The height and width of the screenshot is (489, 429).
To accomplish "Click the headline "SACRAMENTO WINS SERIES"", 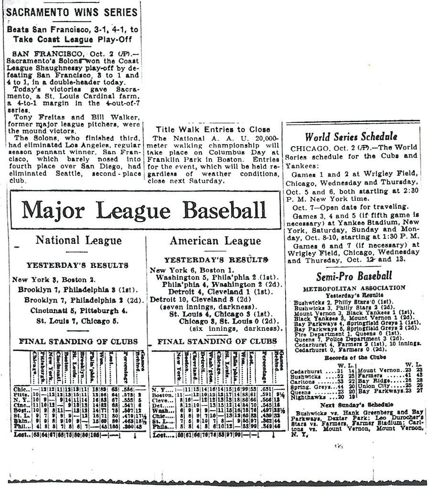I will click(x=71, y=12).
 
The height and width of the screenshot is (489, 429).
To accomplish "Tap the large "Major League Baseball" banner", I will click(x=144, y=210).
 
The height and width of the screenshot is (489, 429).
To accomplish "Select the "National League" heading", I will click(x=72, y=240).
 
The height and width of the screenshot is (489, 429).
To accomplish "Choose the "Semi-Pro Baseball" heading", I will click(x=354, y=276).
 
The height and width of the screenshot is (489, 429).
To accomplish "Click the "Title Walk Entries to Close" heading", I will click(x=213, y=129).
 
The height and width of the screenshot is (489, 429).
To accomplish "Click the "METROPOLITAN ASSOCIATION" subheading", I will click(x=354, y=287).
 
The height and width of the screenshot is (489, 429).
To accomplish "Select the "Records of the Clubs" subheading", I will click(x=354, y=357).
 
